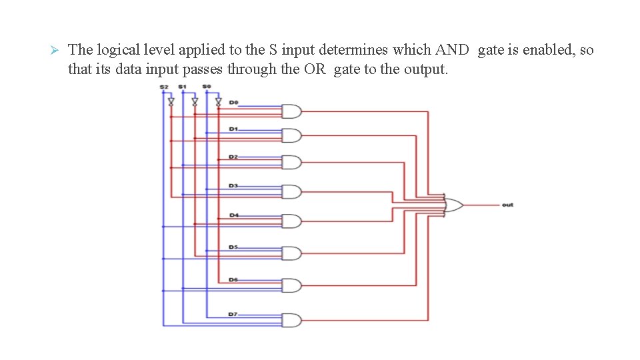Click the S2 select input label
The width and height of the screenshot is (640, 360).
[164, 87]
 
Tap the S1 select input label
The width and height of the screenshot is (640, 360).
[182, 87]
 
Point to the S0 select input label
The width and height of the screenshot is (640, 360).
[206, 87]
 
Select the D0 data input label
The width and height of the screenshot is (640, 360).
[233, 102]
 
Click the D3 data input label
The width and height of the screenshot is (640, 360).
[233, 185]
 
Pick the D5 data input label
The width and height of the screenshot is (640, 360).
[233, 247]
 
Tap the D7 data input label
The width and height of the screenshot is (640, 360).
[233, 313]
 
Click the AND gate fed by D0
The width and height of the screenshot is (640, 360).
[291, 111]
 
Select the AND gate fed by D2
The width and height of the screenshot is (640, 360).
[291, 163]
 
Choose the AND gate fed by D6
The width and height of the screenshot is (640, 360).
[291, 285]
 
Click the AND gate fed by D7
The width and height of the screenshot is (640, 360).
[291, 320]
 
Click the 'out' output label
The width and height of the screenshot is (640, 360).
[507, 205]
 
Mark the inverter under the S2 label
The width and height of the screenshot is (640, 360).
[171, 102]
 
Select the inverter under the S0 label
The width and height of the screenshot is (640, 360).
[219, 102]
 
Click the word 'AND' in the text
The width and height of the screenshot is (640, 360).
[452, 50]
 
